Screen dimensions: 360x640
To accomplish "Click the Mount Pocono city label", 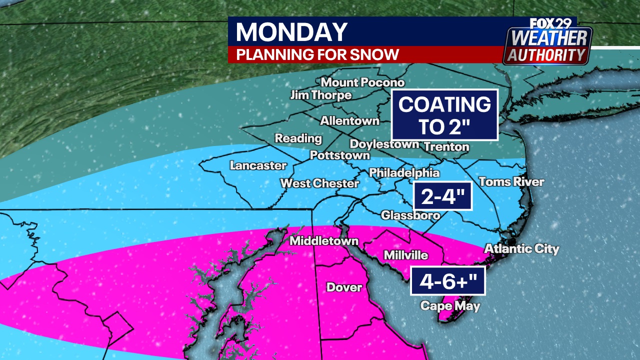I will click(362, 82).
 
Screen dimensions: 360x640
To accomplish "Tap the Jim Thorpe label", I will click(321, 95).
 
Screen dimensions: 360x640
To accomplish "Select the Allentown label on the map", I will click(349, 120).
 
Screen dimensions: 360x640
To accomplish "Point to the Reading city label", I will click(298, 138).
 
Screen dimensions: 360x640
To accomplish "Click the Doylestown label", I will click(384, 144).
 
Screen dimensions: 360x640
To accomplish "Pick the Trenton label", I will click(446, 146).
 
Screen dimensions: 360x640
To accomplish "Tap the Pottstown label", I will click(339, 155).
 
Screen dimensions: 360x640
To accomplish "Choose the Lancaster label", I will click(258, 165).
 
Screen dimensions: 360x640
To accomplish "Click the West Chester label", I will click(319, 183).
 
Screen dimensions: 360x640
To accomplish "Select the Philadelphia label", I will click(404, 173).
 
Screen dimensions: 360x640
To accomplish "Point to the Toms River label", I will click(511, 181).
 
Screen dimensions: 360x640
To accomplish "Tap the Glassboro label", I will click(410, 215).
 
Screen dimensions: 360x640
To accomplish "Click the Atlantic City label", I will click(521, 248).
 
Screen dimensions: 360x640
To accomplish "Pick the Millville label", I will click(405, 255).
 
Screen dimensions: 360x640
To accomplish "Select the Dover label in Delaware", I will click(344, 287).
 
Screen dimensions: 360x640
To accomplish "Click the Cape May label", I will click(450, 305).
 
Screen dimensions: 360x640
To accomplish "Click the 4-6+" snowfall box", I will click(448, 281).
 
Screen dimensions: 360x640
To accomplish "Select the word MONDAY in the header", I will click(291, 32).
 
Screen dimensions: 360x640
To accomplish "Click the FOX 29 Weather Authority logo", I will click(547, 41).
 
